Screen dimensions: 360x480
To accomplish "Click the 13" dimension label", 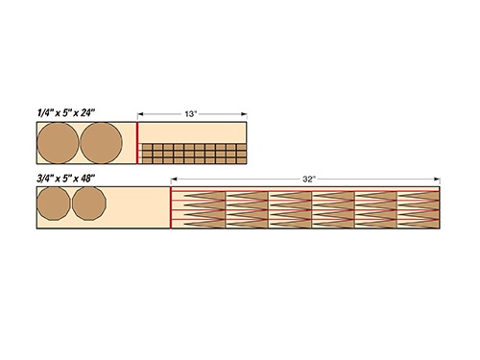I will [x=191, y=114].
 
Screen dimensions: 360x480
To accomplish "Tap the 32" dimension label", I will [x=307, y=179].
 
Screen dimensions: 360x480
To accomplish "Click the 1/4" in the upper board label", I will [x=42, y=113].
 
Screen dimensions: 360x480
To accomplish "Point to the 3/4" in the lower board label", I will [x=43, y=179].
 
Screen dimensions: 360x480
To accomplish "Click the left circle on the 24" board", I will [x=58, y=144].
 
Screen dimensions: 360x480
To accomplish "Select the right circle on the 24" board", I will [x=101, y=144].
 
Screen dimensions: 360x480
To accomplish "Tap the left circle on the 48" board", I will [x=53, y=207].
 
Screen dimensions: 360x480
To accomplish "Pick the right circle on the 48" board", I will [x=88, y=207].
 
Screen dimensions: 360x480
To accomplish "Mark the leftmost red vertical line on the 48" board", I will [x=171, y=208].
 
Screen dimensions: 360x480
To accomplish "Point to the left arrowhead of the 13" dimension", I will [x=141, y=114].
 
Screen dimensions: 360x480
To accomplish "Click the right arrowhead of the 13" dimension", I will [x=244, y=114].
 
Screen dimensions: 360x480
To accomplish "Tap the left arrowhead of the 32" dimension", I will [x=175, y=179].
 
